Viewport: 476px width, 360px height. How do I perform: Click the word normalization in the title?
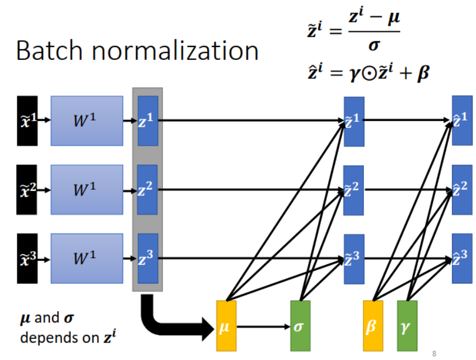pos(177,51)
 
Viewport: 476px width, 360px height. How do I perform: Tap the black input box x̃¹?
pos(27,120)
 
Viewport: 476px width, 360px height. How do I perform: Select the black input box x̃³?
pos(27,259)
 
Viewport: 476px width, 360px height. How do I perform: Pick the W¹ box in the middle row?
pos(87,190)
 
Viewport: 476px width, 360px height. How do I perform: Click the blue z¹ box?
pos(148,120)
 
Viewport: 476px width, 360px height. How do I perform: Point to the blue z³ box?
pos(148,259)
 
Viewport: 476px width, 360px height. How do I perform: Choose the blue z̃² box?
pos(354,190)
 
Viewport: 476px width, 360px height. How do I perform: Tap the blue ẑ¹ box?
pos(461,120)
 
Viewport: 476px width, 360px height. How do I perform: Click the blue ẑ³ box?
pos(461,259)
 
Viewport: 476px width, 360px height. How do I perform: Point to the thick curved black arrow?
pos(168,319)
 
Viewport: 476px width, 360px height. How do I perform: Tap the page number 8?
pos(435,353)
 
